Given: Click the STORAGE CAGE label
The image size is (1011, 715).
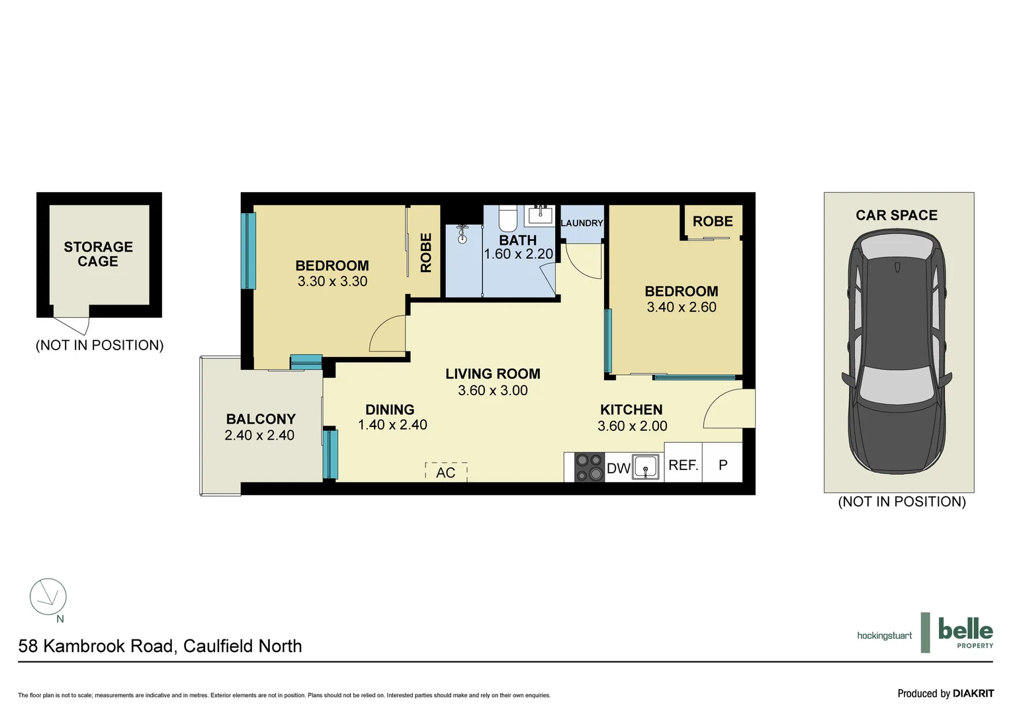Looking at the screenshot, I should click(98, 254).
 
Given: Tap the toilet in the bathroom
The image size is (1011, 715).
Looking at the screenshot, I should click(507, 218).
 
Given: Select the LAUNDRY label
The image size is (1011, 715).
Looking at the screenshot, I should click(582, 223).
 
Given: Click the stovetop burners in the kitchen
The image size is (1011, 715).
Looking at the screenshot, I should click(589, 467).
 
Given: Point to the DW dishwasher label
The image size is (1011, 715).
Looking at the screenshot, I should click(618, 469).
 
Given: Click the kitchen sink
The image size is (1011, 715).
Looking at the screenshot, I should click(646, 466).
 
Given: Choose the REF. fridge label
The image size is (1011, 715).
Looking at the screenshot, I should click(683, 465).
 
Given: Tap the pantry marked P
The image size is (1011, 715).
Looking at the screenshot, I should click(723, 465).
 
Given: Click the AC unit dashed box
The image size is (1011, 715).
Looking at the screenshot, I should click(446, 471).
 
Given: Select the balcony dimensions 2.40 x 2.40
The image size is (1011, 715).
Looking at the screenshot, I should click(259, 436).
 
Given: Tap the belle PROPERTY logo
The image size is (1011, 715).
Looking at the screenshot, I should click(965, 633).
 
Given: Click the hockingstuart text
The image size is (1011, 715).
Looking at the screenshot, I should click(884, 636).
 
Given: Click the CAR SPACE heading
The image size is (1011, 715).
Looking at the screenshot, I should click(897, 215).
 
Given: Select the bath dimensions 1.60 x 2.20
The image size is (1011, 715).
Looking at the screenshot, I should click(518, 254).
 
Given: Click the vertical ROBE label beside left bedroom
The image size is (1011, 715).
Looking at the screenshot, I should click(425, 252).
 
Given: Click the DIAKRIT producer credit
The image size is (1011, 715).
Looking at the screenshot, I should click(973, 694).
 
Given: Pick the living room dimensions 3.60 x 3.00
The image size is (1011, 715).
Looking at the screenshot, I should click(493, 391).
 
